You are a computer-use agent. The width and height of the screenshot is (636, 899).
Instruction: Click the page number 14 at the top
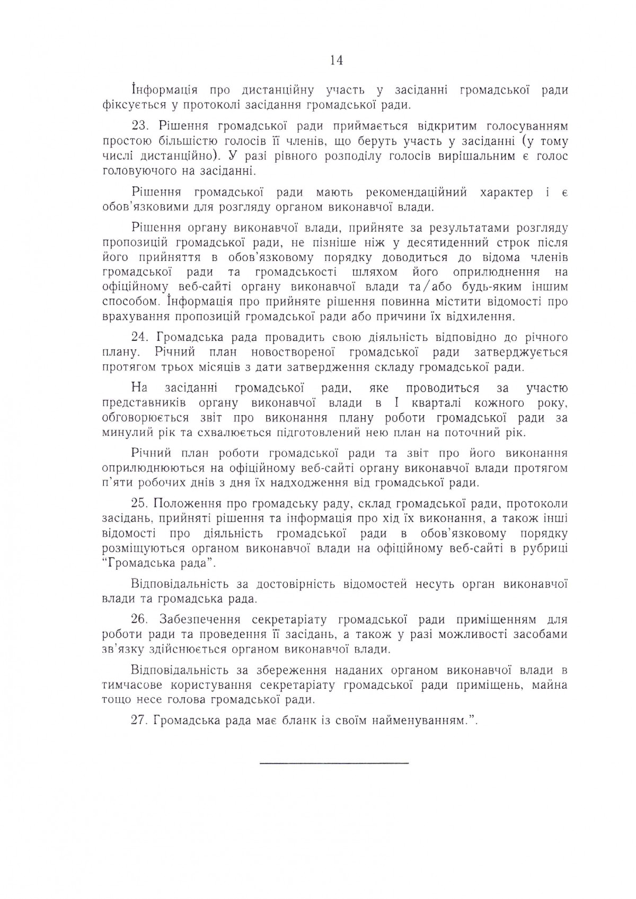tap(336, 60)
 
